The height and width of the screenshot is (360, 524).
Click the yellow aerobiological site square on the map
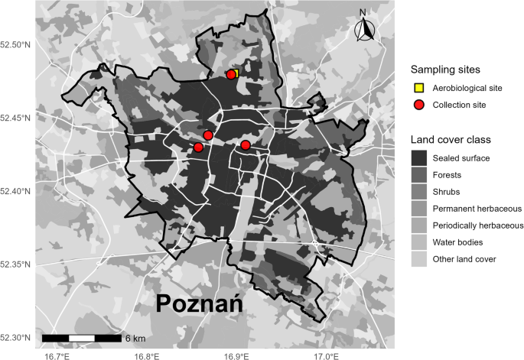[236, 73]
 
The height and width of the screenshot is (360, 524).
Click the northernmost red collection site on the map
[231, 74]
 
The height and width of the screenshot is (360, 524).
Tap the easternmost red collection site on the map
[246, 145]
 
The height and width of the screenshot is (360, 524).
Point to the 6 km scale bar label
[135, 338]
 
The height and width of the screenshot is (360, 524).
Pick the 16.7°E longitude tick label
[57, 355]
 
